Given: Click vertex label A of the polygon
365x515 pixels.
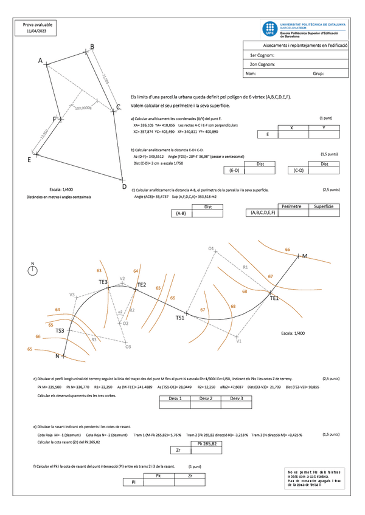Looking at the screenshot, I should pyautogui.click(x=41, y=61).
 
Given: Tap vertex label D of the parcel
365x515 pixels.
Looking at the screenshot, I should pyautogui.click(x=123, y=179).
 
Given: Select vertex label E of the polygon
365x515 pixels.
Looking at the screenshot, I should pyautogui.click(x=29, y=160).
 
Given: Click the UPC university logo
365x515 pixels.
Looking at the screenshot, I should pyautogui.click(x=270, y=29).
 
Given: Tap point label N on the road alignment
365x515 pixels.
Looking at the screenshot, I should pyautogui.click(x=57, y=356).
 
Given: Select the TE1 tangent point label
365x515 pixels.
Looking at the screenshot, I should pyautogui.click(x=274, y=298).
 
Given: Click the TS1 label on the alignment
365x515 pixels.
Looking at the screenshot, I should pyautogui.click(x=180, y=318).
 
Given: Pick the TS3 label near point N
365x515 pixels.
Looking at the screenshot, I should pyautogui.click(x=60, y=330).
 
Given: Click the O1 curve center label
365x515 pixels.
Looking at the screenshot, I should pyautogui.click(x=211, y=249).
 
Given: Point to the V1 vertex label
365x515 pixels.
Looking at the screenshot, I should pyautogui.click(x=239, y=341).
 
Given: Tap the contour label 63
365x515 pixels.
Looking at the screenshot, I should pyautogui.click(x=99, y=270).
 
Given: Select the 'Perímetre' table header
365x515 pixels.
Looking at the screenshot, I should pyautogui.click(x=292, y=207).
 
